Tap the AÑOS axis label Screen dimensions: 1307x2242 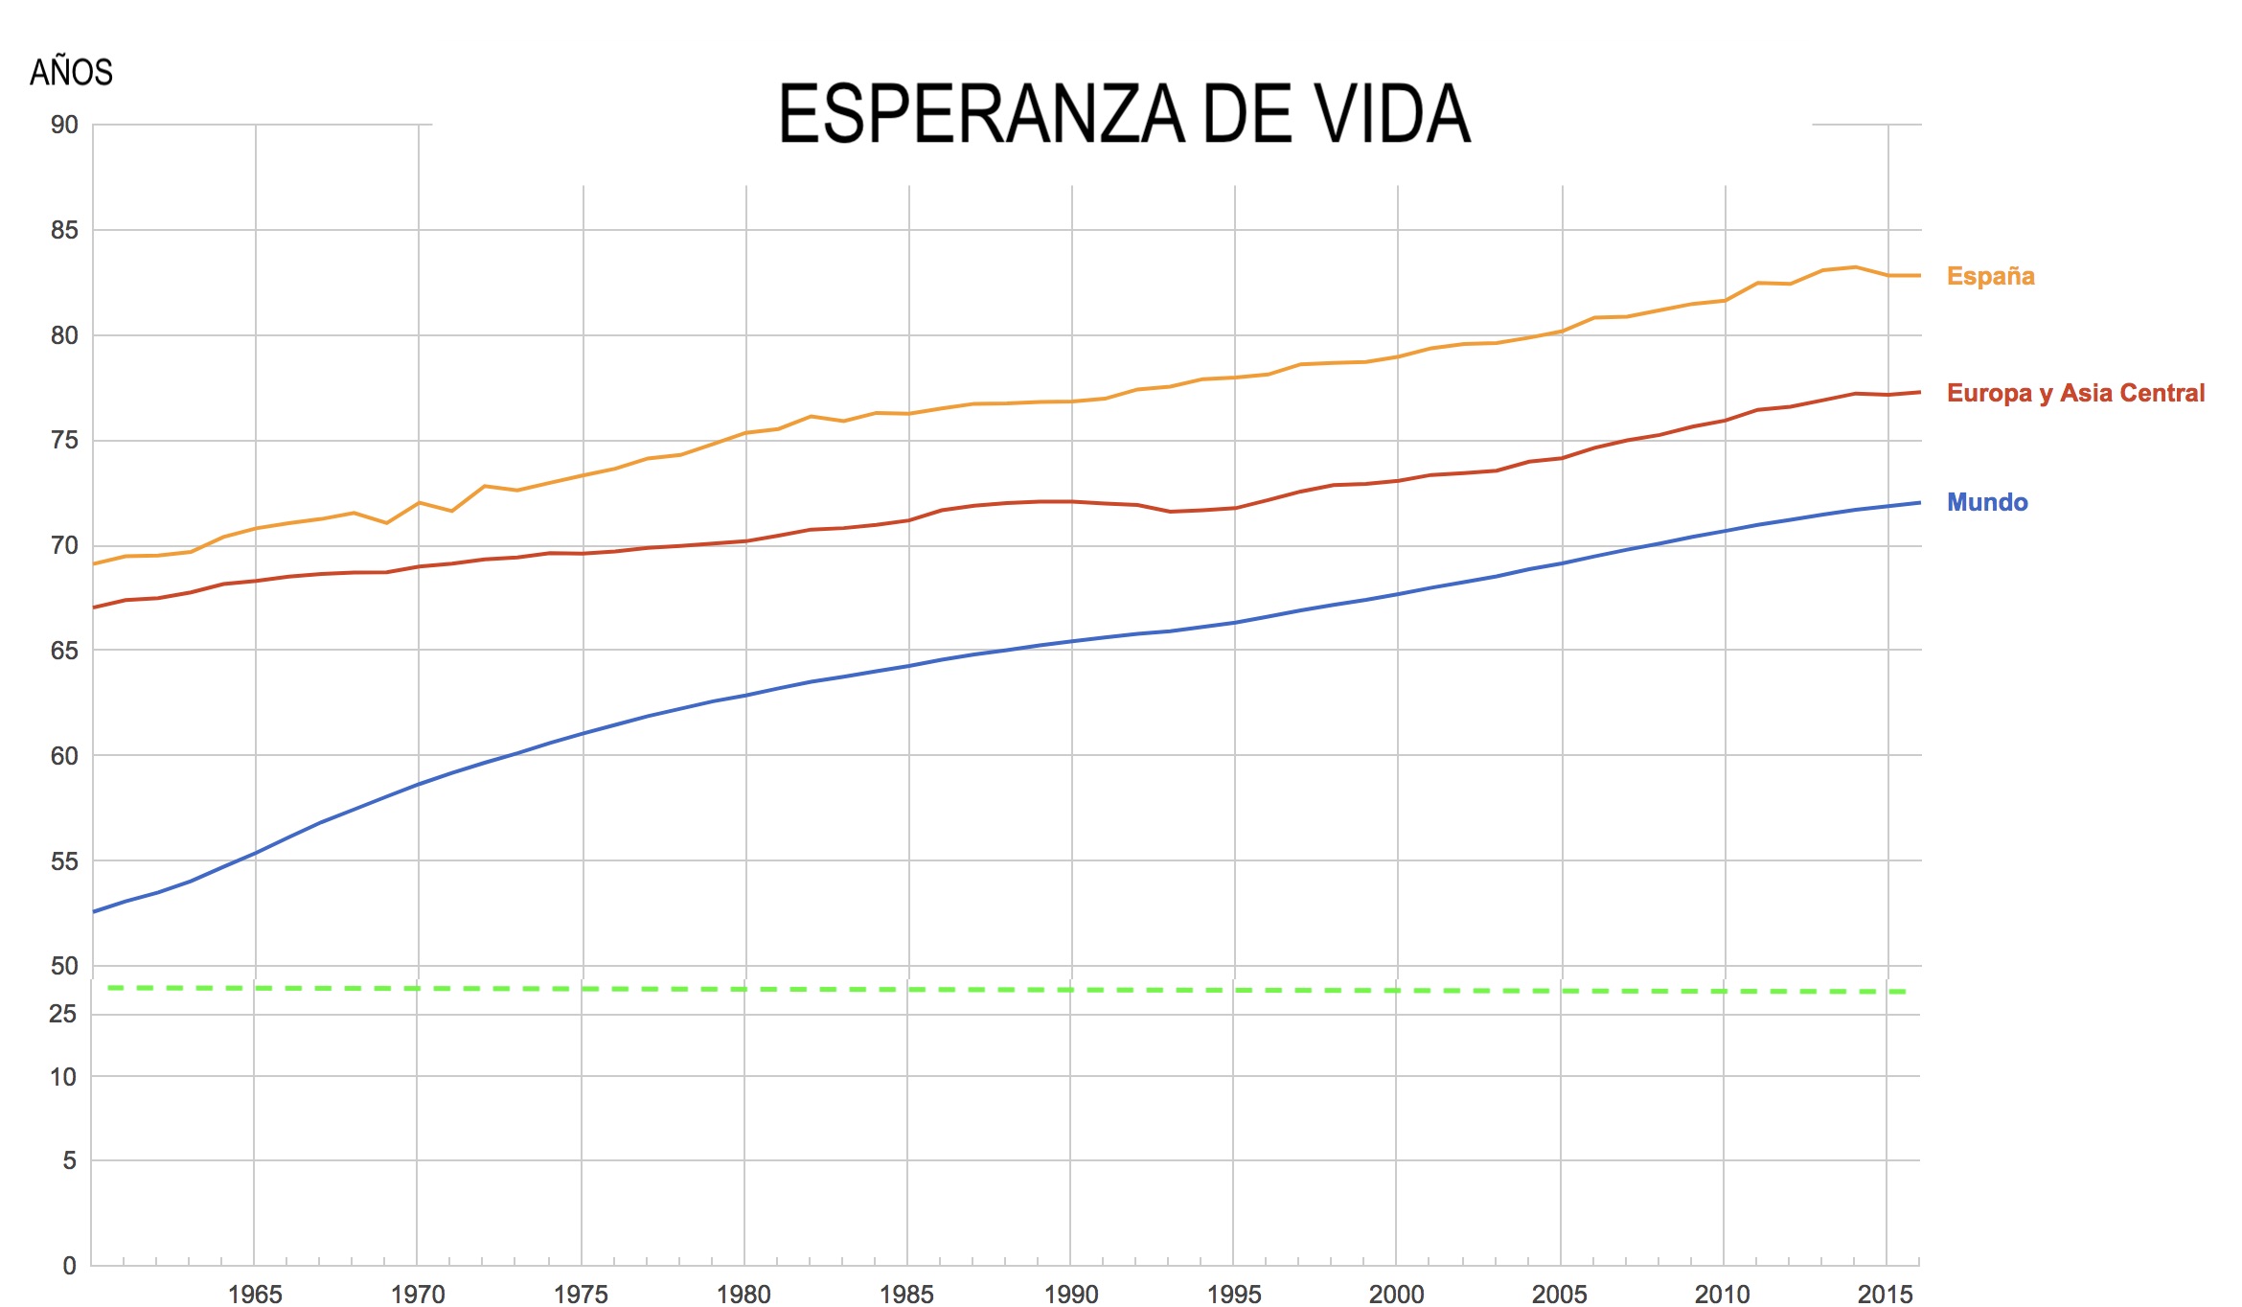(71, 73)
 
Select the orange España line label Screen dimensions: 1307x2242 (1990, 276)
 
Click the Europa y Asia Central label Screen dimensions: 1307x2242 (2075, 393)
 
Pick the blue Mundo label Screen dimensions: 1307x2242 (1987, 502)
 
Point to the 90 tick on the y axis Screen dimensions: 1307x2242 (64, 125)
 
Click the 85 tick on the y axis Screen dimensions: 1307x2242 (64, 230)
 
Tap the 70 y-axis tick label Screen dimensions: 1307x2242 (64, 545)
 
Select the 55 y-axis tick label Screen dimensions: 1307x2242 (64, 860)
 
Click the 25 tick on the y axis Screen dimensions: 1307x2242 (63, 1013)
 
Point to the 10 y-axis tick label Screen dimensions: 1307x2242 (63, 1077)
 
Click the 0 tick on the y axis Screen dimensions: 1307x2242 (69, 1266)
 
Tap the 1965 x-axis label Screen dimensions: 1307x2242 (255, 1294)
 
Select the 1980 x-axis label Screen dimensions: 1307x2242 (744, 1294)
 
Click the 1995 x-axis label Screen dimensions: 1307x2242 (1234, 1294)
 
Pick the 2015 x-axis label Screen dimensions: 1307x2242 (1885, 1294)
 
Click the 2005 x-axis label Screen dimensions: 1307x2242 (1559, 1294)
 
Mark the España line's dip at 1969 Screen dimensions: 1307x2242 (386, 523)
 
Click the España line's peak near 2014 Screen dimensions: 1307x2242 (1856, 267)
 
